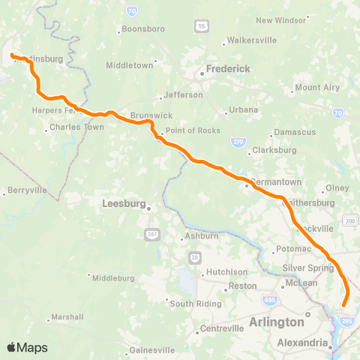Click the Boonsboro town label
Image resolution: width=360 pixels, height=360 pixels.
pyautogui.click(x=141, y=30)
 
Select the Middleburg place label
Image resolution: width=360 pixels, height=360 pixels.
pyautogui.click(x=112, y=277)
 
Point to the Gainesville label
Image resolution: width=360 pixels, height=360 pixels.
pyautogui.click(x=151, y=349)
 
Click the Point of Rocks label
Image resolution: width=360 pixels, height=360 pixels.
pyautogui.click(x=190, y=130)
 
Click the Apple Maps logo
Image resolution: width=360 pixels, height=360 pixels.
pyautogui.click(x=27, y=347)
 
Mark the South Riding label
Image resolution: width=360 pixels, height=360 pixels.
pyautogui.click(x=195, y=304)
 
